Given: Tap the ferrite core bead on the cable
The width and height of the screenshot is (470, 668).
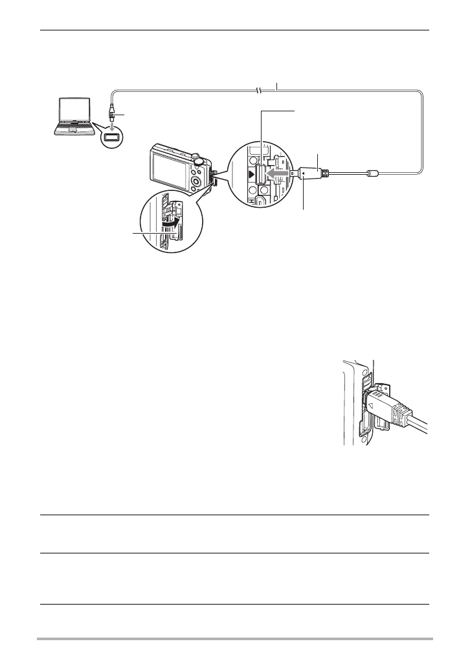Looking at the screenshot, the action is (371, 174).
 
